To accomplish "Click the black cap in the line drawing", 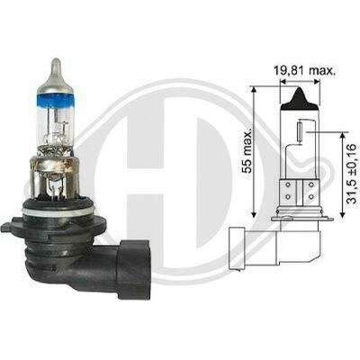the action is coord(299,98).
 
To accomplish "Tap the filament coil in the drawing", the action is coord(301,131).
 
